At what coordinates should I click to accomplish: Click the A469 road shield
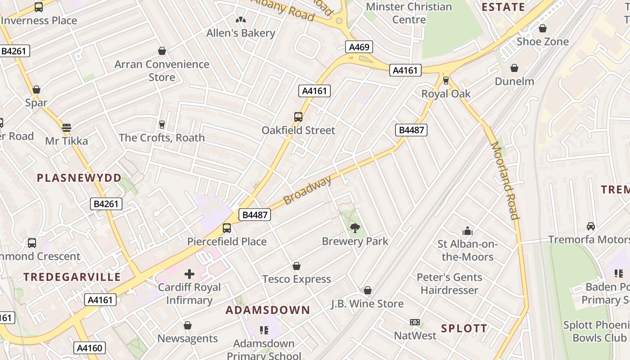click(x=359, y=47)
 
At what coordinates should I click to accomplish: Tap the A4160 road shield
click(x=89, y=347)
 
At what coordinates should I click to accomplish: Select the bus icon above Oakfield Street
click(x=298, y=117)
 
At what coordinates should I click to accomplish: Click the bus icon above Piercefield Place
click(x=227, y=228)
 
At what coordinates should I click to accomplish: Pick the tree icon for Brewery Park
click(x=355, y=228)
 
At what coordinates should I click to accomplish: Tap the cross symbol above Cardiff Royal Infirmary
click(x=189, y=274)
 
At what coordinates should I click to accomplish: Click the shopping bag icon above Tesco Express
click(x=297, y=266)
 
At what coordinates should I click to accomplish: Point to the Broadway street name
click(x=308, y=190)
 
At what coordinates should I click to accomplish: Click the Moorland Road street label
click(x=504, y=180)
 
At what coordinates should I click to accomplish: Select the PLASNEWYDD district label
click(x=79, y=178)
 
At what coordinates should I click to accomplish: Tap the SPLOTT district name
click(x=464, y=328)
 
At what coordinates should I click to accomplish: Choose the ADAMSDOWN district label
click(x=268, y=310)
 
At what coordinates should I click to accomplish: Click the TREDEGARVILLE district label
click(x=72, y=277)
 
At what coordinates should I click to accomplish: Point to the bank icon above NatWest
click(x=415, y=322)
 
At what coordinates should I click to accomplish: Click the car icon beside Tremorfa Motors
click(x=591, y=226)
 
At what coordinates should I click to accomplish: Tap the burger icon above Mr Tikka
click(x=67, y=128)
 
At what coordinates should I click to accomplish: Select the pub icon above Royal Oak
click(x=446, y=81)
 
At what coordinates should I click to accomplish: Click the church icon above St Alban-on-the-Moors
click(x=468, y=231)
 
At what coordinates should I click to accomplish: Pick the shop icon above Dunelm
click(x=514, y=68)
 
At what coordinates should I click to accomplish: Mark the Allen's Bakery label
click(x=241, y=33)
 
